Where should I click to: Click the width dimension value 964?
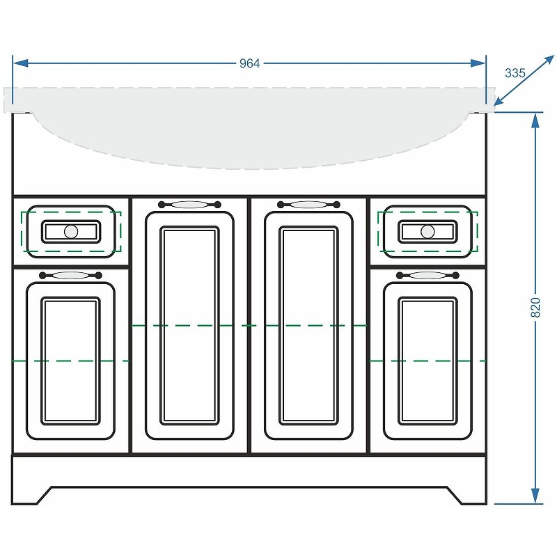(249, 63)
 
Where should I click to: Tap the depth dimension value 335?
(515, 73)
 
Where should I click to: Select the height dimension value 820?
(535, 307)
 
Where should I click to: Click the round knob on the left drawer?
(71, 232)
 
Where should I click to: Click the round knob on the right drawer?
(427, 232)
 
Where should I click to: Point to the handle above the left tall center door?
(189, 204)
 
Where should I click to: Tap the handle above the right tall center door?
(308, 204)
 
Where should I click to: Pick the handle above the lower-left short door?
(71, 275)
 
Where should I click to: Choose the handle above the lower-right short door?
(427, 275)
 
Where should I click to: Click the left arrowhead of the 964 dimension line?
(20, 63)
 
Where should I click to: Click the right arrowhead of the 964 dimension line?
(478, 63)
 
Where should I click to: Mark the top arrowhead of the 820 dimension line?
(535, 120)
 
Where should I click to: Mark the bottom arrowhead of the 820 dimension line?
(535, 496)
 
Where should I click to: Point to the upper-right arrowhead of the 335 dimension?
(549, 61)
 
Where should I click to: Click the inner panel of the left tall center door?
(189, 325)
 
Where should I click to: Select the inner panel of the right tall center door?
(308, 325)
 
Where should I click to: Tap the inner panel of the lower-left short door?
(71, 361)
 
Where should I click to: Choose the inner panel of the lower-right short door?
(427, 361)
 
